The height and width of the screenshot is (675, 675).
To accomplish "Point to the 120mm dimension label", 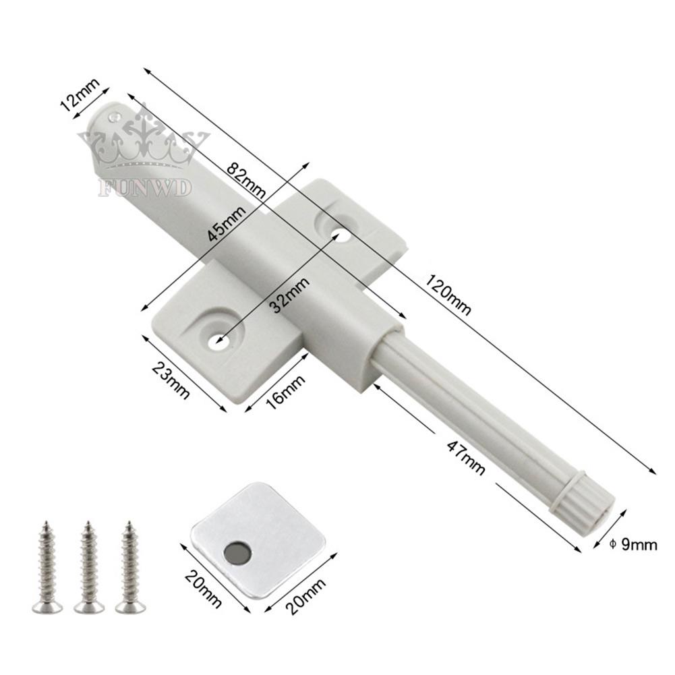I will (447, 295).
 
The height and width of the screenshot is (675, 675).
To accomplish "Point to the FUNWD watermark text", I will (146, 187).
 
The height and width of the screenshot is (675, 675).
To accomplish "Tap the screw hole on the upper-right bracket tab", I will (341, 235).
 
